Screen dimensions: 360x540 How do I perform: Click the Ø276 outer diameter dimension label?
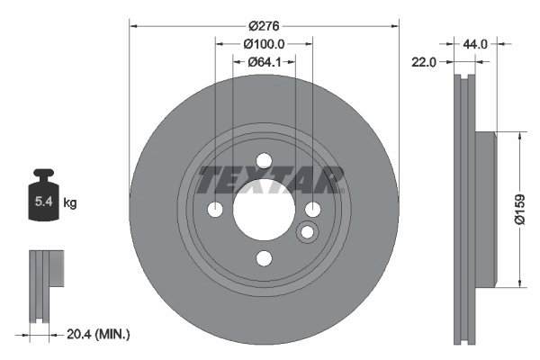click(x=264, y=26)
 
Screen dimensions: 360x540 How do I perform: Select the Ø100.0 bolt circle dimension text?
click(x=264, y=44)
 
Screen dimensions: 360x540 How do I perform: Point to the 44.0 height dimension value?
click(x=476, y=43)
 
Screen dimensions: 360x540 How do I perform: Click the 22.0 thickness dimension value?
click(x=424, y=62)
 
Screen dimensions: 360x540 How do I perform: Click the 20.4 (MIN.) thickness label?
click(x=100, y=334)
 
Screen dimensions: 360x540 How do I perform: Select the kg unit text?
click(x=70, y=203)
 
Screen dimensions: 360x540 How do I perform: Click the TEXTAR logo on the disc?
click(x=271, y=180)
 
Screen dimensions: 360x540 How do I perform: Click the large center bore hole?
click(x=264, y=210)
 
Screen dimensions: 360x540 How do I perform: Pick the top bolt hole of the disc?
click(x=264, y=161)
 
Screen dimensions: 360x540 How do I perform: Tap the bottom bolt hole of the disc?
click(x=264, y=258)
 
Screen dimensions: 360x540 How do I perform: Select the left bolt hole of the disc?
click(x=216, y=210)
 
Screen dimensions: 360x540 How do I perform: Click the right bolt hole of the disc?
click(x=312, y=210)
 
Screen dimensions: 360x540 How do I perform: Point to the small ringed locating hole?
click(x=307, y=234)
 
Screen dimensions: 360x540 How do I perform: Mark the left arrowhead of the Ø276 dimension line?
click(x=134, y=26)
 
